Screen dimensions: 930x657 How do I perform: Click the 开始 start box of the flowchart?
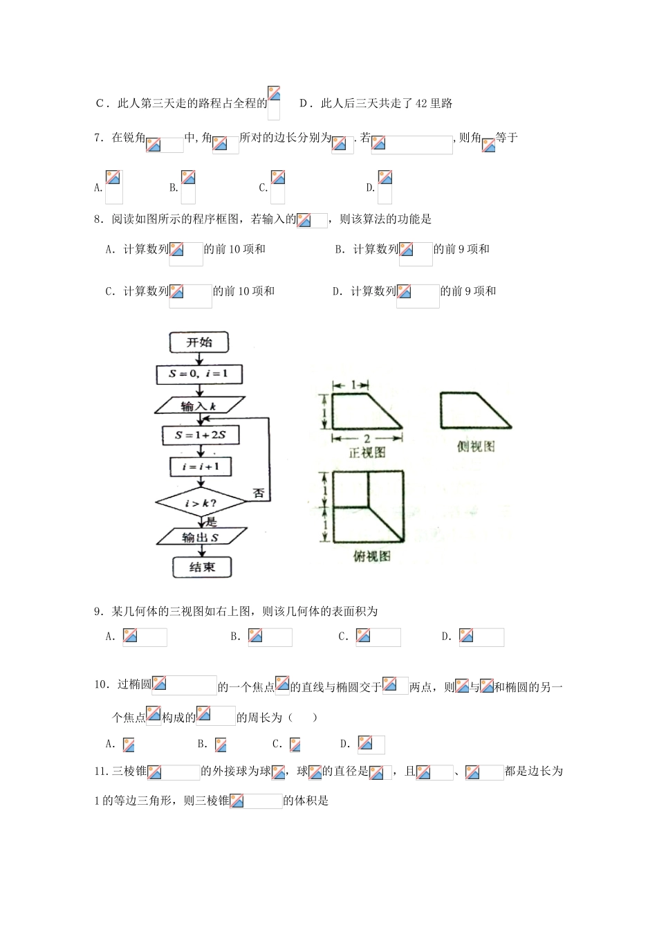pyautogui.click(x=200, y=343)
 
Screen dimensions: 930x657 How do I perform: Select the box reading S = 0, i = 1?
pyautogui.click(x=199, y=374)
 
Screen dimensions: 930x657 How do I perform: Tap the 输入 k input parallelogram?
pyautogui.click(x=199, y=406)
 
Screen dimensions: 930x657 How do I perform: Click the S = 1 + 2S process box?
pyautogui.click(x=198, y=435)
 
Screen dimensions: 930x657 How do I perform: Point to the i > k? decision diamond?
pyautogui.click(x=200, y=504)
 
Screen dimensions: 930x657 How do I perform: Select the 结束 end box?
pyautogui.click(x=201, y=567)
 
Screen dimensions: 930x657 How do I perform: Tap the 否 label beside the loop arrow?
pyautogui.click(x=258, y=494)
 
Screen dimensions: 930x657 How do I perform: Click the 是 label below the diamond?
pyautogui.click(x=212, y=522)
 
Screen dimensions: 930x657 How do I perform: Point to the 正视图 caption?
pyautogui.click(x=367, y=453)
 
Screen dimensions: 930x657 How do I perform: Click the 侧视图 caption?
pyautogui.click(x=476, y=447)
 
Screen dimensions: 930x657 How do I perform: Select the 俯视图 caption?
pyautogui.click(x=372, y=556)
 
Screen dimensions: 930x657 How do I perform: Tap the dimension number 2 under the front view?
pyautogui.click(x=367, y=439)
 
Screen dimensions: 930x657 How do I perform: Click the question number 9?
pyautogui.click(x=99, y=612)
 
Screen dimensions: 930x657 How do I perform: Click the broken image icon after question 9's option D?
pyautogui.click(x=466, y=636)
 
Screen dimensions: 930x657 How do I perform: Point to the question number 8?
pyautogui.click(x=99, y=220)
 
